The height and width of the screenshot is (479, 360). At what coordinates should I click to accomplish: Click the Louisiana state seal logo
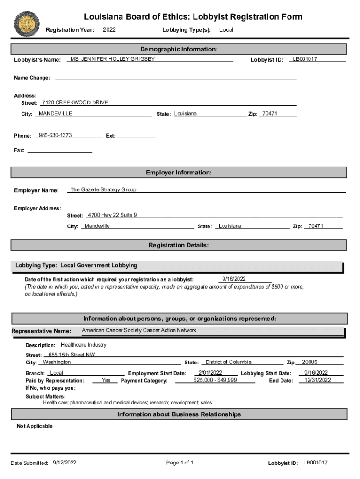(x=27, y=23)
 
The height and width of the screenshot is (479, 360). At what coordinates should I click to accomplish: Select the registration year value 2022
(x=109, y=30)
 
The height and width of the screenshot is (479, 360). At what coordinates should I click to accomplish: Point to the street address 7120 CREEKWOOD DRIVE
(x=75, y=102)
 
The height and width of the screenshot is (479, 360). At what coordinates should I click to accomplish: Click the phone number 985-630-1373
(x=55, y=135)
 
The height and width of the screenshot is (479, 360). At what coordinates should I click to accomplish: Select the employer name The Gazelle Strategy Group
(x=103, y=190)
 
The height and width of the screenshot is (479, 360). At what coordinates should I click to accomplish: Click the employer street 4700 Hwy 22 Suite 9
(x=112, y=215)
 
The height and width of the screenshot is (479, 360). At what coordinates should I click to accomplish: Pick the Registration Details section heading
(x=179, y=245)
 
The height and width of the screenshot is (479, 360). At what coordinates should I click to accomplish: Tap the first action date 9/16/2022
(x=234, y=279)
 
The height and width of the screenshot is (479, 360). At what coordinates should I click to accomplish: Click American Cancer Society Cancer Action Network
(x=139, y=330)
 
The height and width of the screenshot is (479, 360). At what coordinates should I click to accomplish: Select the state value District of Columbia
(x=228, y=362)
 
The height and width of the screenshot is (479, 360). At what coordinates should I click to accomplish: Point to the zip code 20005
(x=310, y=362)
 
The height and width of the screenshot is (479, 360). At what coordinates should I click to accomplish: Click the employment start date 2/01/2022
(x=210, y=373)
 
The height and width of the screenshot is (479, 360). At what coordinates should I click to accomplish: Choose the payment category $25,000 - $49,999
(x=215, y=380)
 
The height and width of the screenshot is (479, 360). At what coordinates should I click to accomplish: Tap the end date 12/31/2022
(x=317, y=380)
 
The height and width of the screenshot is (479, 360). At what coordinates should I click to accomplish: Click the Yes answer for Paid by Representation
(x=106, y=380)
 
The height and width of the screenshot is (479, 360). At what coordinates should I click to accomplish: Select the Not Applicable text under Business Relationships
(x=35, y=426)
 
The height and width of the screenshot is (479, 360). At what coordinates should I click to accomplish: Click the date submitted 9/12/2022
(x=65, y=463)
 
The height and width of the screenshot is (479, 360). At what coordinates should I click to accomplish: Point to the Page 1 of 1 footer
(x=180, y=463)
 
